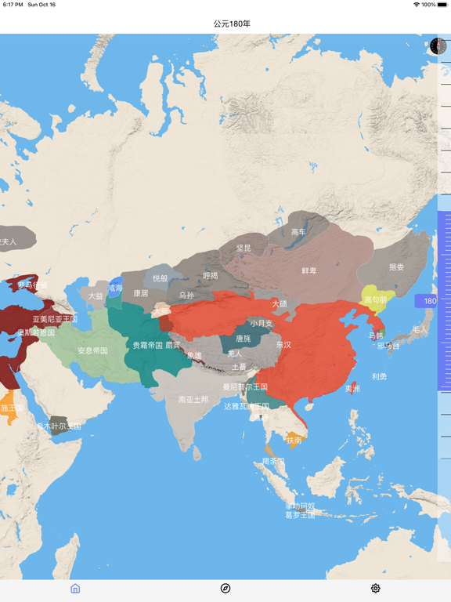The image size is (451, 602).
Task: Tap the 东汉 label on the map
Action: (283, 345)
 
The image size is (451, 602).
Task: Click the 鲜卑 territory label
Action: (309, 270)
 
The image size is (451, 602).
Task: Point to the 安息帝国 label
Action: (92, 350)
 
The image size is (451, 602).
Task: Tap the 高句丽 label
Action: (376, 300)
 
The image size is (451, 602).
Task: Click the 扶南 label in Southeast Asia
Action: (294, 441)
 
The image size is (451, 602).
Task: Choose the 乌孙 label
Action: (186, 296)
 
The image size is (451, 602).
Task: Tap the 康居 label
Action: (141, 293)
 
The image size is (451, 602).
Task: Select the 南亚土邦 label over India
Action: (193, 399)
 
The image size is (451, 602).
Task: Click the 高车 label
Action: (298, 232)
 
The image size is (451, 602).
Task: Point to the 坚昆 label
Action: (244, 248)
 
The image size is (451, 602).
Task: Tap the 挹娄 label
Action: (396, 267)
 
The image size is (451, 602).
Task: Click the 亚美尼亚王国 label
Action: (55, 319)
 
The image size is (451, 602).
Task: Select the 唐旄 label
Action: (244, 339)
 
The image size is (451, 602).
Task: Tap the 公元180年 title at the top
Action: (225, 24)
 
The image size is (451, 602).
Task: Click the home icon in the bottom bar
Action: (75, 589)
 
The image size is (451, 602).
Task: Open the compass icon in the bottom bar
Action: (225, 589)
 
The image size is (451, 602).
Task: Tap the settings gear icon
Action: (376, 589)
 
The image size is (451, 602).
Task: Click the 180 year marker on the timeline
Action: (430, 301)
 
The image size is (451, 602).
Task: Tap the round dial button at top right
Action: (438, 46)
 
